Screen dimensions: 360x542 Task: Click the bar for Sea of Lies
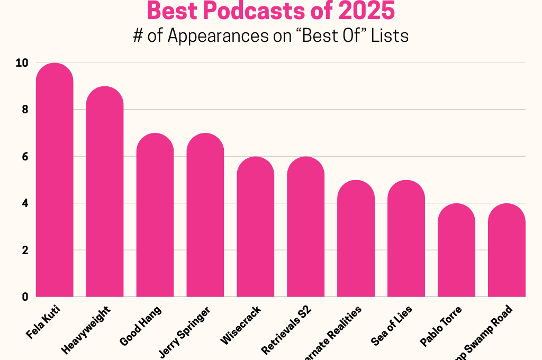click(406, 238)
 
